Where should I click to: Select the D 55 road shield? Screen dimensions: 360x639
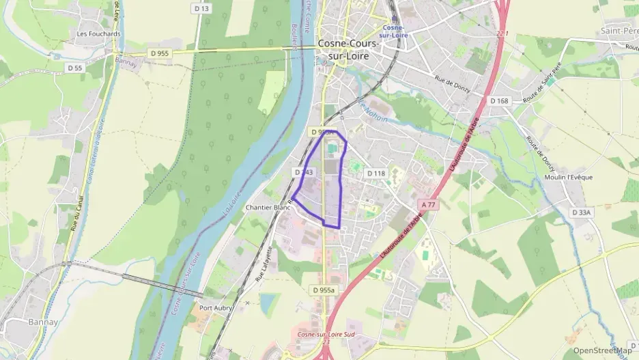74,68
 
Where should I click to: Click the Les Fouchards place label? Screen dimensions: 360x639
99,33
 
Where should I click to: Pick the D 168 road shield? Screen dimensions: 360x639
500,101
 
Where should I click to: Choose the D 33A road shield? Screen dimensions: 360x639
581,213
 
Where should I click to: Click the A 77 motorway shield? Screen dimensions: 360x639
429,204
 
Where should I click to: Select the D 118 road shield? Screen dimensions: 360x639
376,174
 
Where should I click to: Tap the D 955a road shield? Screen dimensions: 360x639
324,290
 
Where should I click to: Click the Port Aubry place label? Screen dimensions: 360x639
216,308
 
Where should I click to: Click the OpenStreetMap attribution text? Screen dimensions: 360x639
602,350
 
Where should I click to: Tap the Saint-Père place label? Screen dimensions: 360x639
620,31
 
